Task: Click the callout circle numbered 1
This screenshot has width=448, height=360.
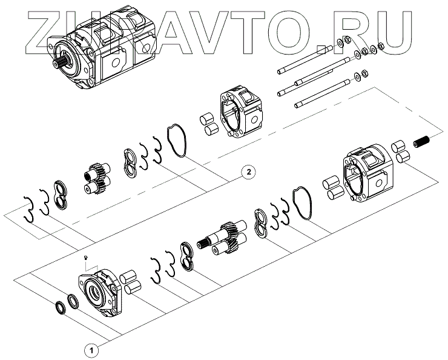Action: click(90, 350)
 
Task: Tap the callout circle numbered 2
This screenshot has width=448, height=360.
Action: click(246, 172)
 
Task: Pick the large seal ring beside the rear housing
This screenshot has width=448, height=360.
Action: click(301, 204)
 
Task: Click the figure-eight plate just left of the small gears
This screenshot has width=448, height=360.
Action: click(61, 193)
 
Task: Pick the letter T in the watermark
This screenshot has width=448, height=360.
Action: click(252, 27)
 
